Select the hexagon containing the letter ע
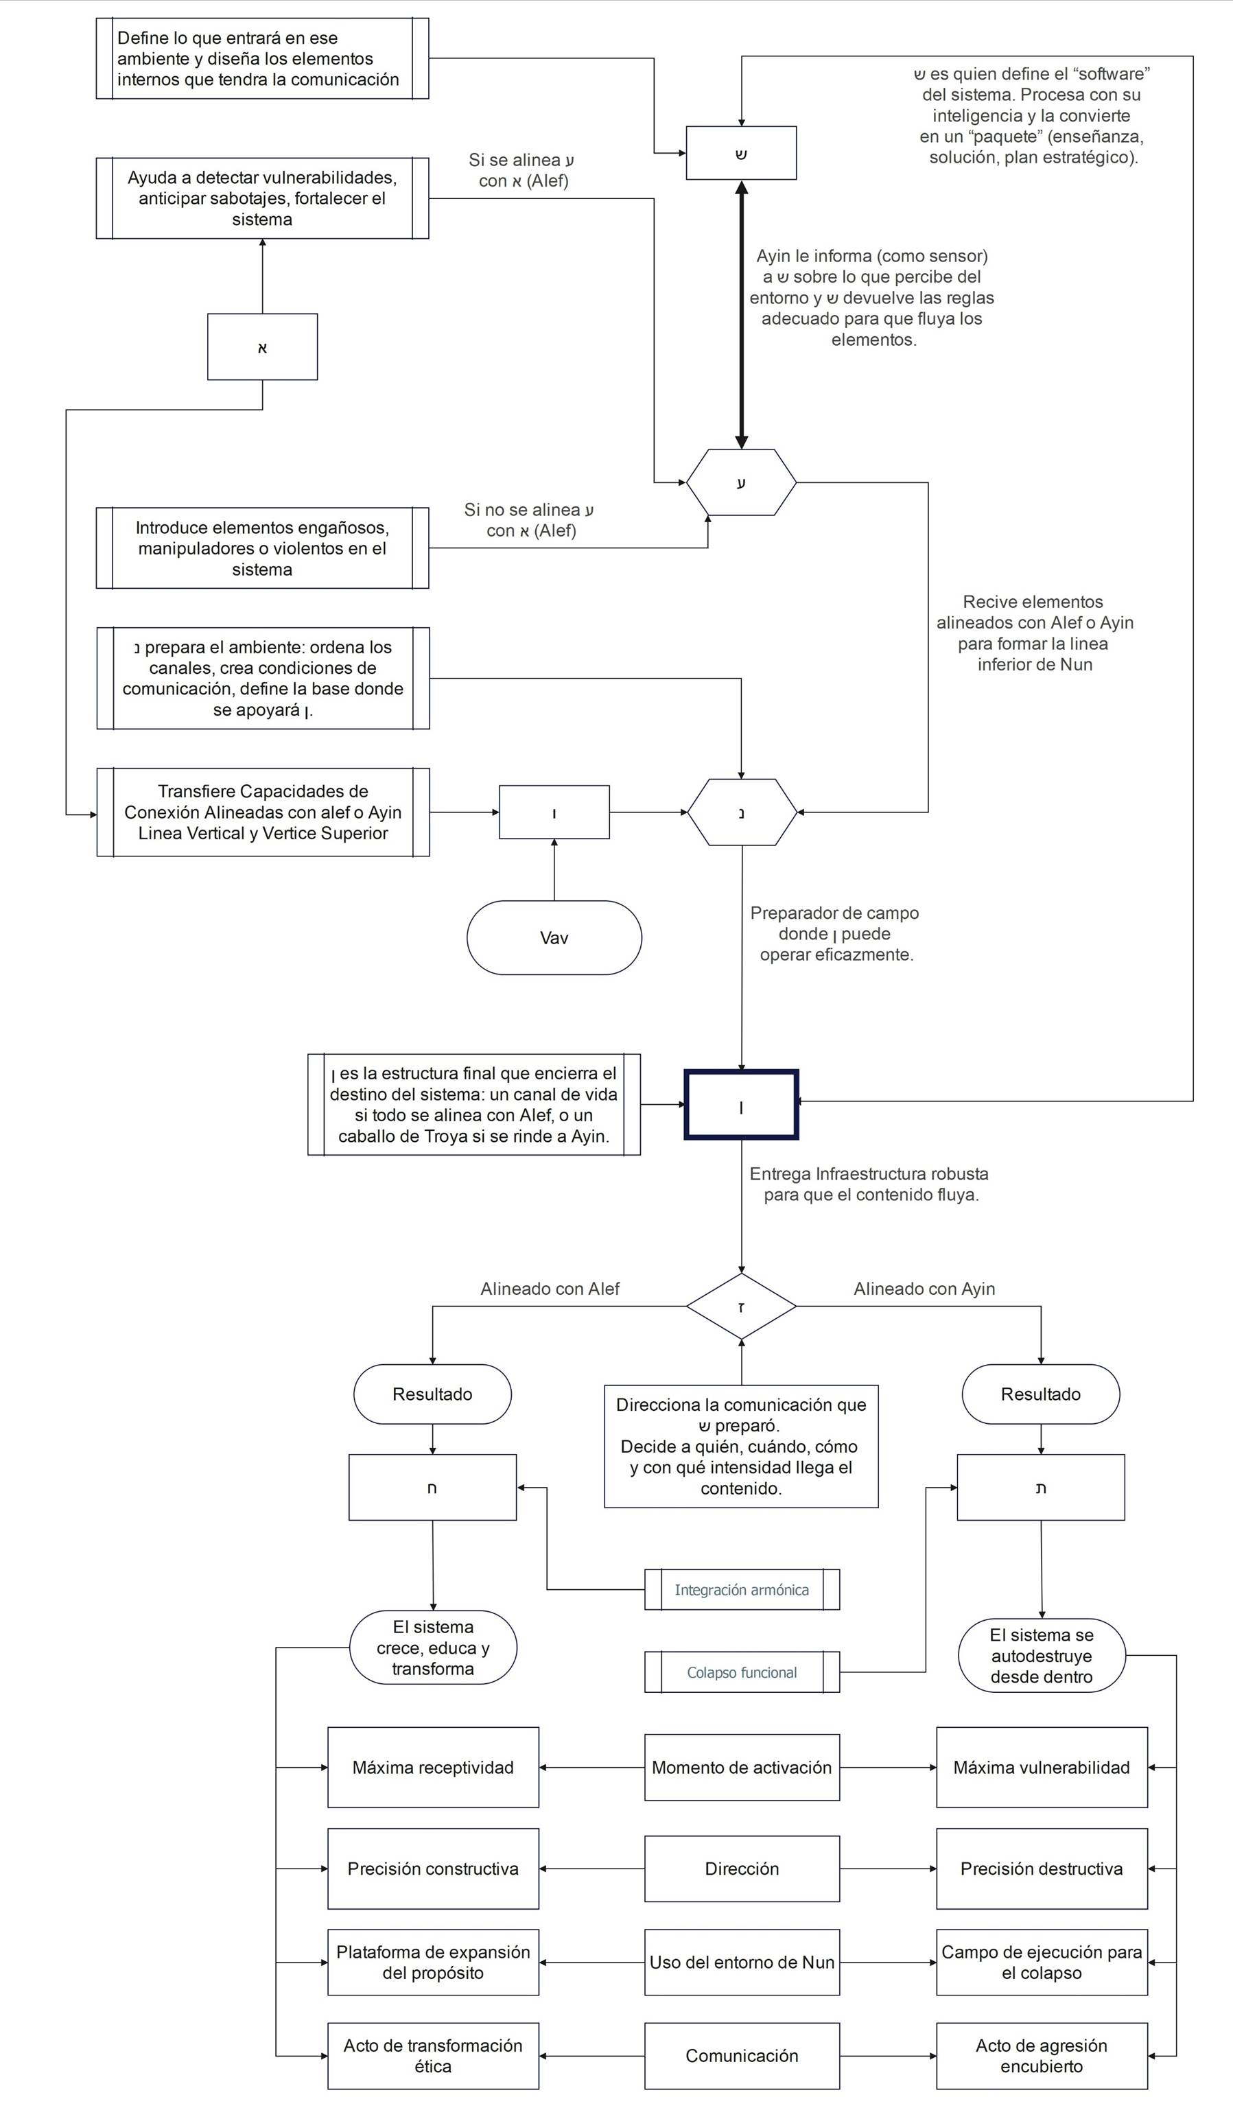pos(741,482)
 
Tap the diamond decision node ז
pos(741,1307)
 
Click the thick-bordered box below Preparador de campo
pos(741,1105)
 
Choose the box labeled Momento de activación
pos(741,1768)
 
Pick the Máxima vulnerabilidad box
pos(1042,1768)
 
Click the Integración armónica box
pos(741,1589)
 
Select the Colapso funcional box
pos(741,1672)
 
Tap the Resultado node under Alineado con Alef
pos(432,1394)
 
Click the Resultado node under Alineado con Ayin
pos(1041,1394)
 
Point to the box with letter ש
pos(741,153)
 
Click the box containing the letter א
pos(263,347)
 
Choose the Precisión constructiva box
pos(432,1869)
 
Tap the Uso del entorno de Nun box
pos(741,1963)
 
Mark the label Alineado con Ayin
pos(924,1289)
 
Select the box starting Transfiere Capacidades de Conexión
pos(263,812)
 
